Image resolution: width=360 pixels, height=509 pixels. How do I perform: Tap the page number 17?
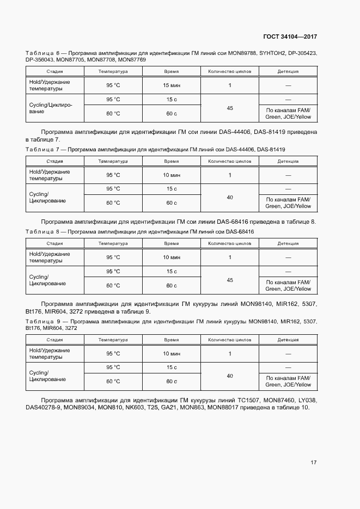(x=313, y=462)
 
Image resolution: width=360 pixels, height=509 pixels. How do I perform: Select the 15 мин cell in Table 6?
(x=171, y=85)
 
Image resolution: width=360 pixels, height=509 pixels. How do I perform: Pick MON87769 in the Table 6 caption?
(x=132, y=59)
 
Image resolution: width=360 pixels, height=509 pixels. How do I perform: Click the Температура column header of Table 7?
(x=113, y=162)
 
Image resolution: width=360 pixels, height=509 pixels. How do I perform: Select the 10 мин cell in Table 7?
(x=171, y=175)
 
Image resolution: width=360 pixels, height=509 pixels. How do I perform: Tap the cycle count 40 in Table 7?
(x=230, y=198)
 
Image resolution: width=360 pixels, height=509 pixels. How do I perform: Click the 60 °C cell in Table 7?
(x=113, y=203)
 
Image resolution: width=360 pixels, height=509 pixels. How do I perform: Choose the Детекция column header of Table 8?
(x=288, y=243)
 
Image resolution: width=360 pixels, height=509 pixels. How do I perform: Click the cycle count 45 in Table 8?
(x=230, y=280)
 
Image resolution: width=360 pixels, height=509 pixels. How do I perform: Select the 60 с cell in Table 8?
(x=171, y=285)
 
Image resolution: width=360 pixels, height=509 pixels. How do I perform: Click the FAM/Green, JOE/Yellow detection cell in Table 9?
(x=288, y=382)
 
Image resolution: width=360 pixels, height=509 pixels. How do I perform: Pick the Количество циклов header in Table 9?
(x=230, y=340)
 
